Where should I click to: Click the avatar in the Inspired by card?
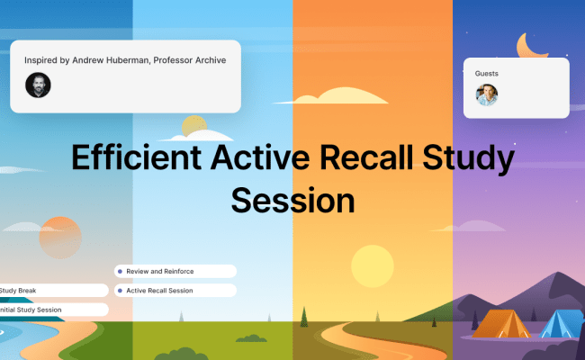pos(38,85)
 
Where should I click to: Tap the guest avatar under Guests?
pos(487,94)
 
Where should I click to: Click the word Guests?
pos(487,73)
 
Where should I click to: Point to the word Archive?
pos(205,60)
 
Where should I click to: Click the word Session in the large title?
pos(292,196)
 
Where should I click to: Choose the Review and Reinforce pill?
pos(175,271)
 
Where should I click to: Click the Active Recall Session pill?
pos(175,291)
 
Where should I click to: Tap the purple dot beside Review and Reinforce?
pos(121,271)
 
